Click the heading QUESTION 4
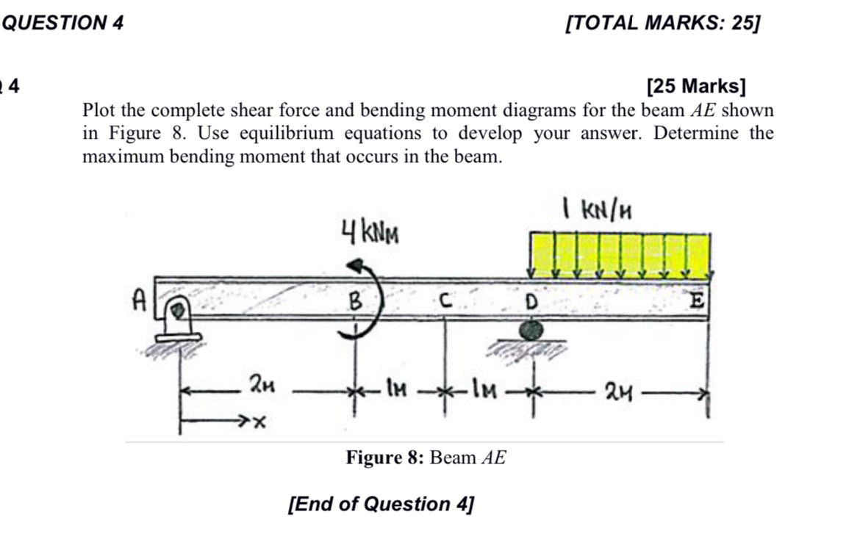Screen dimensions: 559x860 [63, 24]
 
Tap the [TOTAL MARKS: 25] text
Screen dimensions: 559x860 [662, 24]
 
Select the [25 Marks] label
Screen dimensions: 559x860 [695, 87]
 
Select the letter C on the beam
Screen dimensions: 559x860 [442, 300]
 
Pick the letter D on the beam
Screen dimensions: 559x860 [530, 301]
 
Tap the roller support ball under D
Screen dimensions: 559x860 [531, 331]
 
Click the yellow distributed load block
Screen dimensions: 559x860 [620, 253]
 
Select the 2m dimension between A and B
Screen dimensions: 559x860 [262, 383]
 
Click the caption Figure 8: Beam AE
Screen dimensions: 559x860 [426, 458]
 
